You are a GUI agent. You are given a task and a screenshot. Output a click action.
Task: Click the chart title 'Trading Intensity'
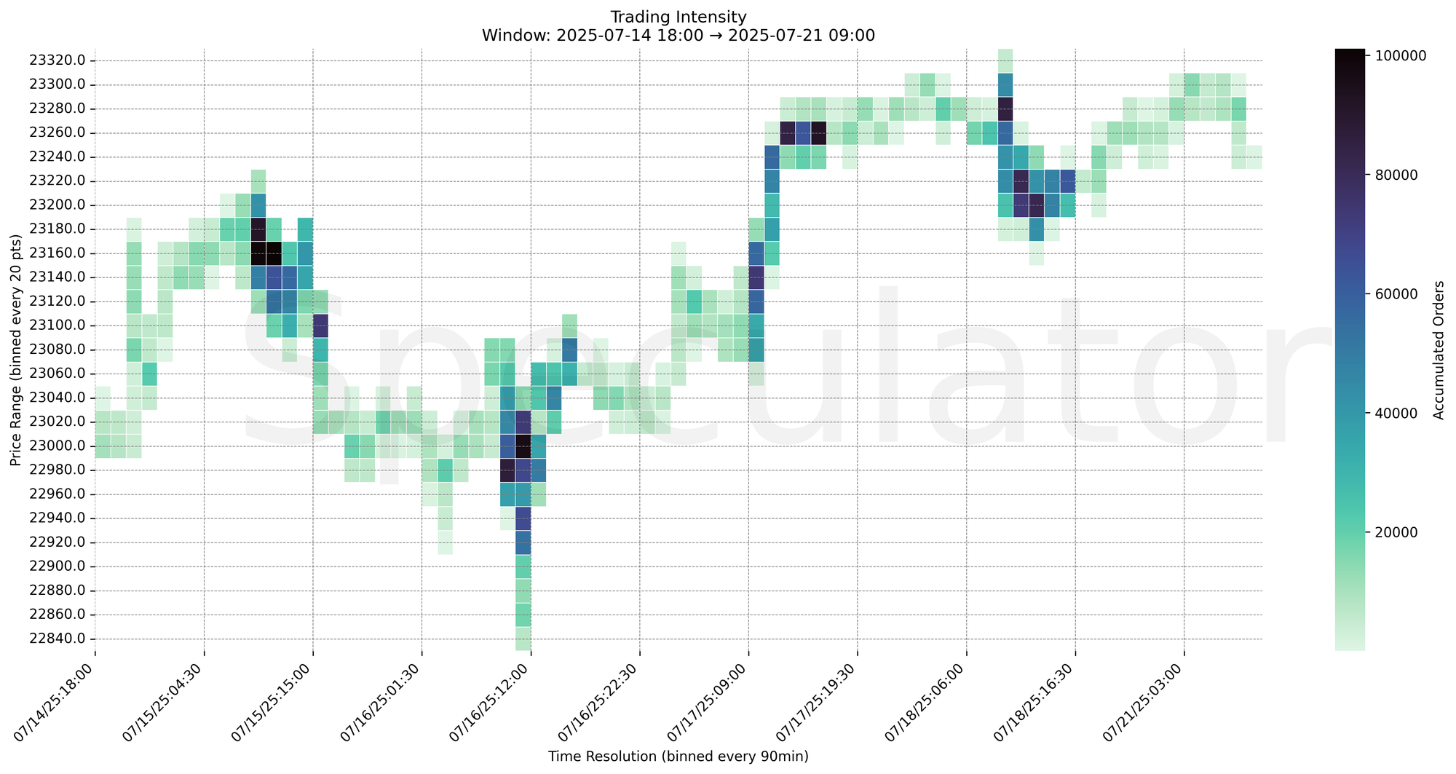678,16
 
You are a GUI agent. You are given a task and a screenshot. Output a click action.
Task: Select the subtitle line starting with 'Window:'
678,35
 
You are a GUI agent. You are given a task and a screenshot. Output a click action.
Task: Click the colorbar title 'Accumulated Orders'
1439,350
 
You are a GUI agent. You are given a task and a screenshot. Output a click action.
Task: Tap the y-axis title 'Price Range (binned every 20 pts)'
16,350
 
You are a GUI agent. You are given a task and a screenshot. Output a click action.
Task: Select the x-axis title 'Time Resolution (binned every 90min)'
678,757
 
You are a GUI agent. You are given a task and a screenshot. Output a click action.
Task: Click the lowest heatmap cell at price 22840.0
523,639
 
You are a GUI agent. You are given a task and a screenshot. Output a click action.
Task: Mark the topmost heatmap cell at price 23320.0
1005,60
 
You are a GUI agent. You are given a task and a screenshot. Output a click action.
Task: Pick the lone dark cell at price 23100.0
320,325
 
